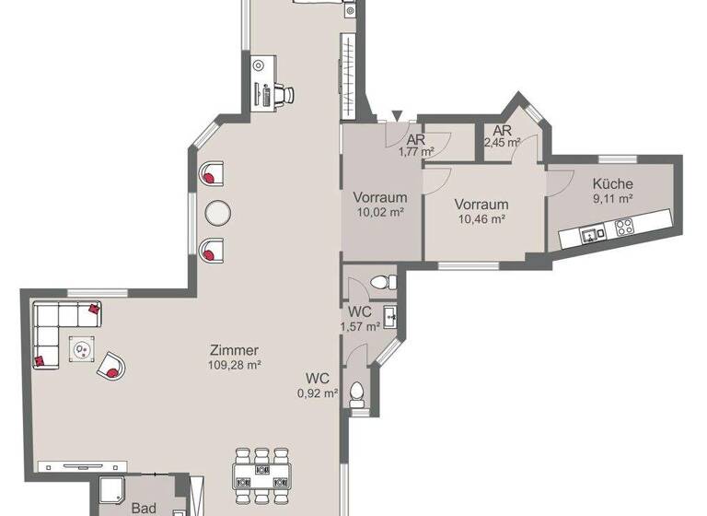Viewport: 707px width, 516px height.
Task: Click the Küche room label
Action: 612,183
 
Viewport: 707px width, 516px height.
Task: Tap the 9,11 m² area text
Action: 612,197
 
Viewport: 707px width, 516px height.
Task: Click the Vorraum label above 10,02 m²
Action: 380,197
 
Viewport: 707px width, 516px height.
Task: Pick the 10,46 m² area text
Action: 481,218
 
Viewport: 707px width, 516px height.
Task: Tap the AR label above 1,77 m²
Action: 415,141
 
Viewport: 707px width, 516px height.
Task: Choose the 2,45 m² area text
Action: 503,143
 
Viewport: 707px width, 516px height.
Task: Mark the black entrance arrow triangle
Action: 397,115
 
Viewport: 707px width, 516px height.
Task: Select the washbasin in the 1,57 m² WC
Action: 391,319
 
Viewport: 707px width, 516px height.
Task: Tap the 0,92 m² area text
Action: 318,393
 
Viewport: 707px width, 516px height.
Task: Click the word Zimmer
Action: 234,350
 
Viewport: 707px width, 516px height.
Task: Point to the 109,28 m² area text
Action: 234,365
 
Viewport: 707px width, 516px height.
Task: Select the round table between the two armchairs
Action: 218,212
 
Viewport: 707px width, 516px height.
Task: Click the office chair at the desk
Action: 284,92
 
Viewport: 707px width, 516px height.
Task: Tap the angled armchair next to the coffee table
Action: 112,367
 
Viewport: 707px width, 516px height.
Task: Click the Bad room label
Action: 144,508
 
